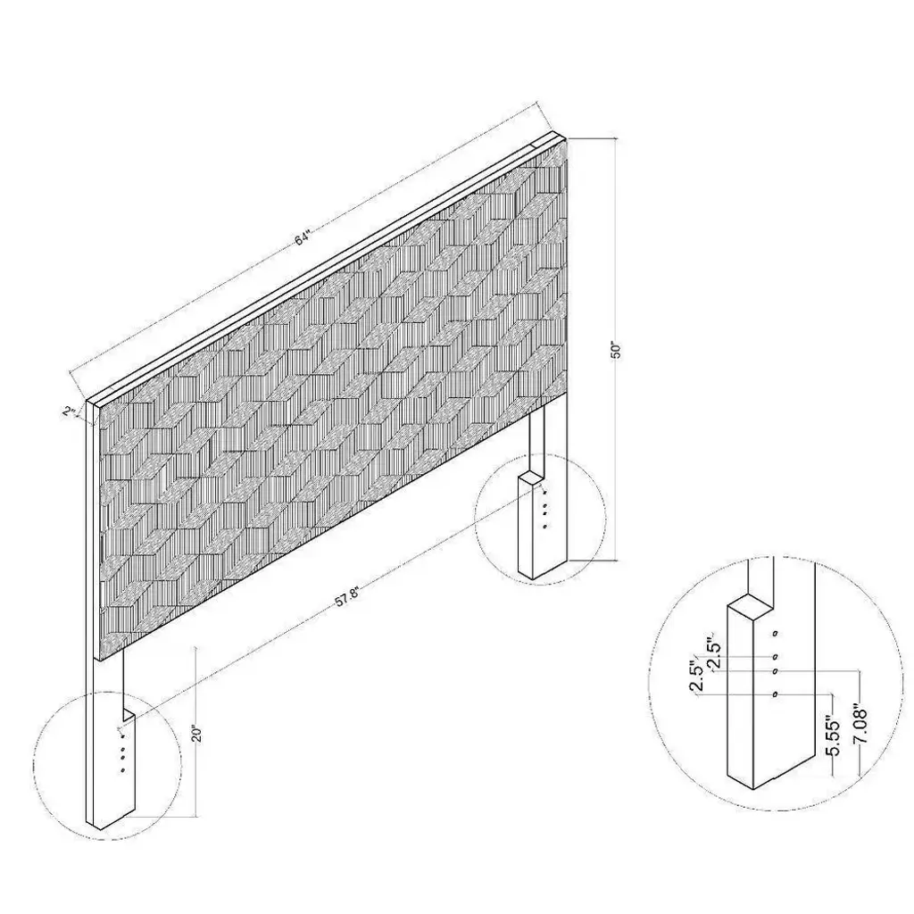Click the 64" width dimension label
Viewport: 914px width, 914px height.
point(303,237)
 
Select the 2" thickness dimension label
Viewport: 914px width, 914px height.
point(70,411)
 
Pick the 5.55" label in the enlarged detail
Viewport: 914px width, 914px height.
point(835,736)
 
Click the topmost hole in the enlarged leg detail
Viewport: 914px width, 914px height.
point(776,633)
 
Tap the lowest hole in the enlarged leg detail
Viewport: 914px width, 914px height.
point(776,694)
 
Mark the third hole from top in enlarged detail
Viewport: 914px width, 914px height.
point(776,671)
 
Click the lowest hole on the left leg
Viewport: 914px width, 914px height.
point(122,770)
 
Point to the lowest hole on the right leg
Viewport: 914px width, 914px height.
point(544,527)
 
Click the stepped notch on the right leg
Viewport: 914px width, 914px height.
point(531,476)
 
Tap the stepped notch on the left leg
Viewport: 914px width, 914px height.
point(129,715)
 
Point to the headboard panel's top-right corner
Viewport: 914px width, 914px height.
point(567,137)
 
